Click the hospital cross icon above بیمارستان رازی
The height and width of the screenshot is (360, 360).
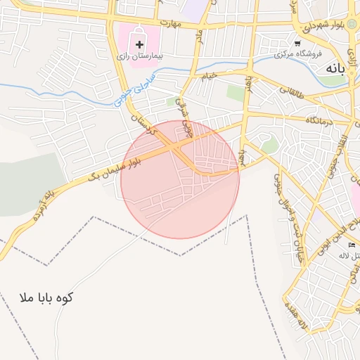click(x=140, y=44)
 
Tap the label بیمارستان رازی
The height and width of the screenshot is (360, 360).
click(x=139, y=55)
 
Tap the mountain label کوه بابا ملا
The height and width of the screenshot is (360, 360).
click(x=48, y=298)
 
